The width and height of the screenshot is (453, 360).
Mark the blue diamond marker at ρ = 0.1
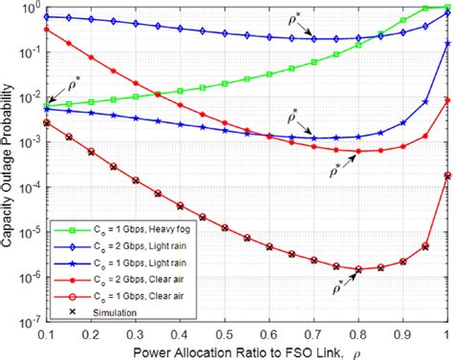pos(45,16)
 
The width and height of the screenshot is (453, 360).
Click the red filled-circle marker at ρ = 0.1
pos(45,29)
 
